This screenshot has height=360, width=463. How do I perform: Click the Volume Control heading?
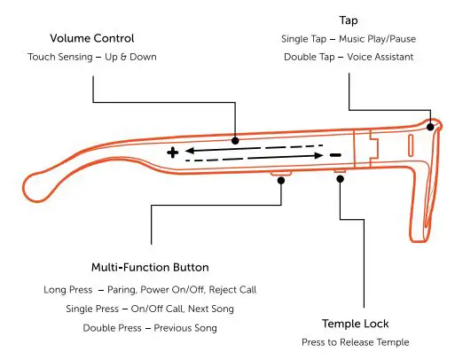coord(92,38)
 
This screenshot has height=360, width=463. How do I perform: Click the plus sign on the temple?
coord(172,153)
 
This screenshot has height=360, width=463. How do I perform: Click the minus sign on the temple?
coord(335,155)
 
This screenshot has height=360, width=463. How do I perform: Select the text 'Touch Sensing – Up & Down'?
coord(92,58)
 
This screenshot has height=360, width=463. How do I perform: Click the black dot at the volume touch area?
coord(235,139)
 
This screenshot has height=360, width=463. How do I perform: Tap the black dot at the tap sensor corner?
coord(431,127)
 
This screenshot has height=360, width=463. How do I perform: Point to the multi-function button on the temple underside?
coord(283,176)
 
